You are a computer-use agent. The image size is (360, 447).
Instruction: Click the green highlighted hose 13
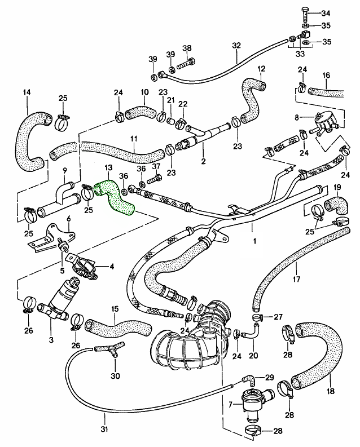(115, 197)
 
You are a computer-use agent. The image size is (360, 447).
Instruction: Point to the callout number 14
(26, 92)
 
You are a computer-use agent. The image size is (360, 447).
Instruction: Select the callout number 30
(115, 376)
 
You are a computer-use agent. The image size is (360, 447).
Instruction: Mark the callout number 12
(261, 69)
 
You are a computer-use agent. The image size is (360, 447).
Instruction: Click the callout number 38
(187, 48)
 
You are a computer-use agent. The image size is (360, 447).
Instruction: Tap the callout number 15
(115, 309)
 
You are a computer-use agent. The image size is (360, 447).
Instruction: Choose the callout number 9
(65, 170)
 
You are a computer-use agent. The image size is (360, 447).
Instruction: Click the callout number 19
(337, 187)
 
